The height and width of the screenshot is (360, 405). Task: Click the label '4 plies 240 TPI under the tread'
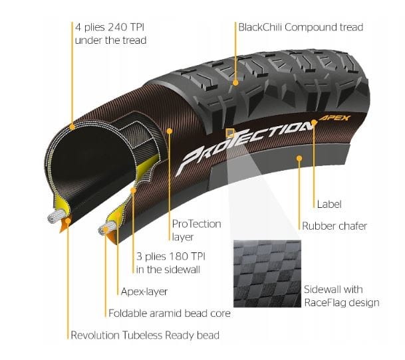click(110, 34)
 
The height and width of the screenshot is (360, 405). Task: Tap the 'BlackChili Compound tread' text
click(301, 27)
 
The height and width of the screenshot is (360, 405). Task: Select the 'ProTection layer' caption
click(197, 230)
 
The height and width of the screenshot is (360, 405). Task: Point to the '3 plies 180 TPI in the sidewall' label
click(171, 263)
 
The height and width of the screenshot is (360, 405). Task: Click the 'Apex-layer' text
click(144, 292)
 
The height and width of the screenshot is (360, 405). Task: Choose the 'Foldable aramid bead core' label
click(170, 314)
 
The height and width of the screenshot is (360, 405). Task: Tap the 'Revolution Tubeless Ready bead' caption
click(145, 335)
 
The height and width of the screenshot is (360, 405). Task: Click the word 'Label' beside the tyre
click(329, 204)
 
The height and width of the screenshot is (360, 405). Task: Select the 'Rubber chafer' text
click(335, 226)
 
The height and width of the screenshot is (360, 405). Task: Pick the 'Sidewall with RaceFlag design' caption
click(341, 296)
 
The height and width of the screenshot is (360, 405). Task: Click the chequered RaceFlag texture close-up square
click(267, 274)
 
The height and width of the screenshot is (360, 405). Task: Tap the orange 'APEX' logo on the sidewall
click(335, 118)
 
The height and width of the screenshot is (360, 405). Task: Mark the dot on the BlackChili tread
click(235, 83)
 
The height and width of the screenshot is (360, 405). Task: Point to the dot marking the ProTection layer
click(170, 132)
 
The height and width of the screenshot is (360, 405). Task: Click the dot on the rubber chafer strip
click(299, 158)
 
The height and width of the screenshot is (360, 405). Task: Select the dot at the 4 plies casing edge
click(72, 127)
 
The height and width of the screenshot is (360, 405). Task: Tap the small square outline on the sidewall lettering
click(229, 133)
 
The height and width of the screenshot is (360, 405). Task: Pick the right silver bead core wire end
click(106, 227)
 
